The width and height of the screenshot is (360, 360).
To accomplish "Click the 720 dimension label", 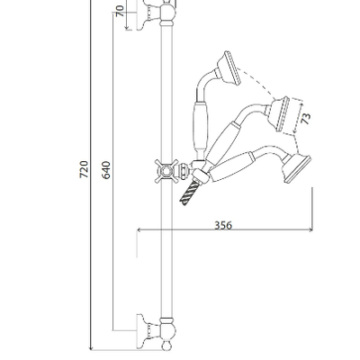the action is tap(85, 169).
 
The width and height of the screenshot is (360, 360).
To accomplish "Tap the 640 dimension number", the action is tap(106, 170).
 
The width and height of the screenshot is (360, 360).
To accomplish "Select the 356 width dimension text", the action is tap(223, 225).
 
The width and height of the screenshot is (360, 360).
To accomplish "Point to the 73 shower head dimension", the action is tap(306, 119).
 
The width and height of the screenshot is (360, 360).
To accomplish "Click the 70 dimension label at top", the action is tap(120, 12).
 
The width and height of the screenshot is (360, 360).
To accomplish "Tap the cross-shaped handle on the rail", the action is tap(166, 171).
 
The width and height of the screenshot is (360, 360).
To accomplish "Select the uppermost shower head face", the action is tap(233, 68).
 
